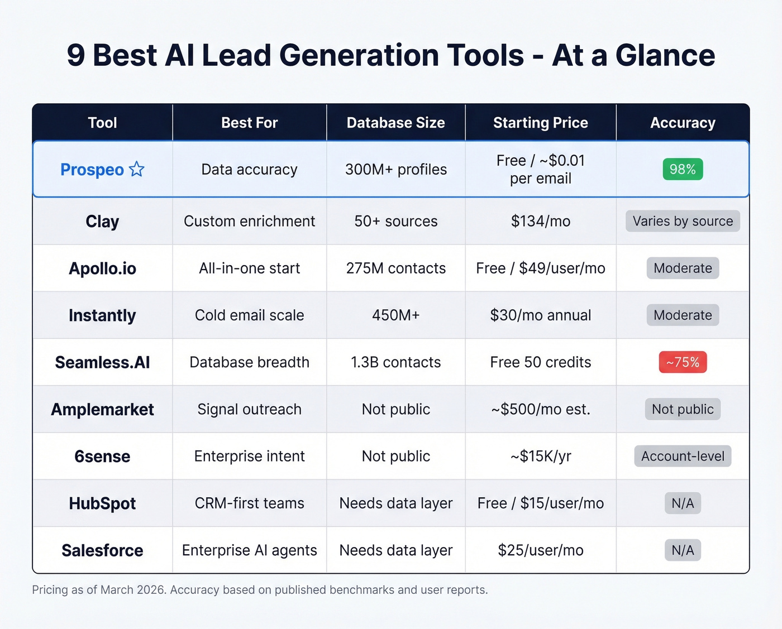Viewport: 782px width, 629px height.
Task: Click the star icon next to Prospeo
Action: click(137, 169)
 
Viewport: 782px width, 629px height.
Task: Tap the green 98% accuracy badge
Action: click(683, 169)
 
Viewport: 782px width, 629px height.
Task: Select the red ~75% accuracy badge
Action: click(683, 362)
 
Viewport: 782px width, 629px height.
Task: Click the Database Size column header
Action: click(395, 123)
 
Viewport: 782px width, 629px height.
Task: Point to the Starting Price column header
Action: click(540, 123)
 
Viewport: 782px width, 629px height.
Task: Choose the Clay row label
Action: click(102, 222)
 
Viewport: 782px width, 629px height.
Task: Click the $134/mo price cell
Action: click(540, 222)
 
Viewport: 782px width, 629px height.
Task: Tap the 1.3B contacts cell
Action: click(395, 362)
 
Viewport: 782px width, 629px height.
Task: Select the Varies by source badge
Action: click(683, 221)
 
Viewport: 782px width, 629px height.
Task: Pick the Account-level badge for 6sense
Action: click(683, 456)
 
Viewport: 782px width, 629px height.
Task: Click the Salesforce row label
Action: click(102, 550)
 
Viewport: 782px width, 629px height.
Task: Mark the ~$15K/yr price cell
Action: click(540, 456)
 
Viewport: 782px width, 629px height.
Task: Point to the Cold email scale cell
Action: click(249, 315)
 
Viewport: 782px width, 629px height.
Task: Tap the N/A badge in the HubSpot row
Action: click(683, 503)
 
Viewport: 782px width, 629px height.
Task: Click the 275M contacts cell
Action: click(395, 268)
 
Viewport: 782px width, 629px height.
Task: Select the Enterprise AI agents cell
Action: click(249, 550)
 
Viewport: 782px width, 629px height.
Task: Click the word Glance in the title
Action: click(665, 56)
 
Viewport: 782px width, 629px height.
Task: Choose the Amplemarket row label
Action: click(102, 410)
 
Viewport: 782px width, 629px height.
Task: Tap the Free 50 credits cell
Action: click(540, 362)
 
